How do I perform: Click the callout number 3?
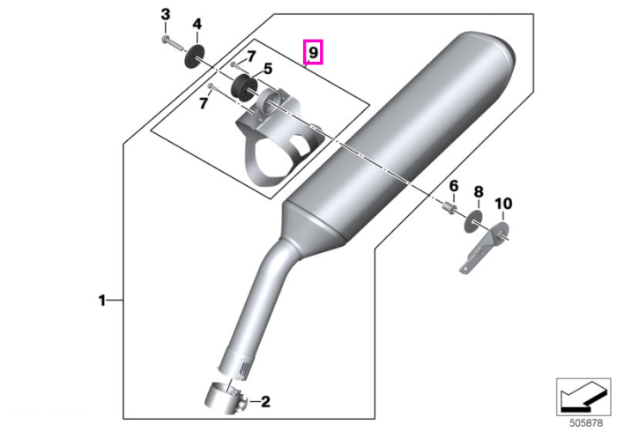166,15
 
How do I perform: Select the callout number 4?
197,24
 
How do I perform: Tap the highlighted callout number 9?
313,51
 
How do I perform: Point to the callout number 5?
268,69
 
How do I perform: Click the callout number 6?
454,186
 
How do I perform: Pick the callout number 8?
478,192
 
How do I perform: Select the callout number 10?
503,204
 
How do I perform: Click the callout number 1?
102,301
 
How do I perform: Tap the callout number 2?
265,402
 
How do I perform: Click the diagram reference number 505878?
586,423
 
